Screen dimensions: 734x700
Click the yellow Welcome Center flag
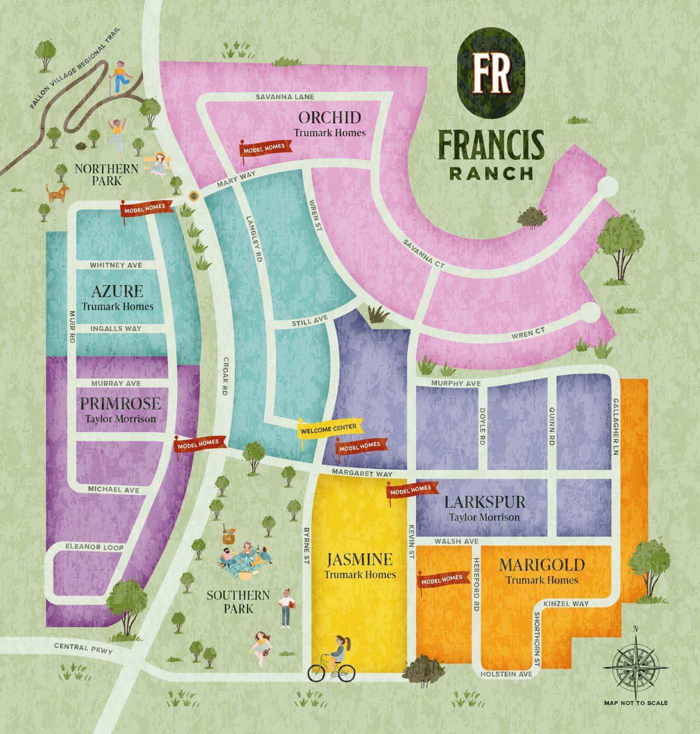329,429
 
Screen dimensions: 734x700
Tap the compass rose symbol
636,667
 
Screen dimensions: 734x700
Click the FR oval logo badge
492,73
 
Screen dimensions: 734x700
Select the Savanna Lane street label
285,96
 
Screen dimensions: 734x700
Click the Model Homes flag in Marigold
442,580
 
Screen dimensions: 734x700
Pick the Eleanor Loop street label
94,547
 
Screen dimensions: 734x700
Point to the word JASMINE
360,559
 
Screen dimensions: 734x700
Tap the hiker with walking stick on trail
119,77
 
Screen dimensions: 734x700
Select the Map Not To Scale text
636,703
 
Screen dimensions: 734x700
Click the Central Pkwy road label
83,648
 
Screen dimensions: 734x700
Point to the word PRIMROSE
120,403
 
